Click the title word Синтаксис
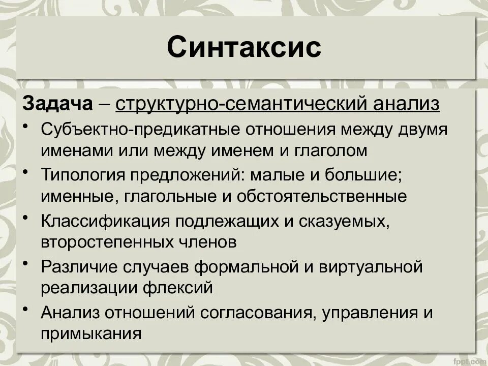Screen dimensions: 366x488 coord(244,47)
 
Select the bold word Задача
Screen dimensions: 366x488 coord(57,104)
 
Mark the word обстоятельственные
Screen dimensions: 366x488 coord(324,196)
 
